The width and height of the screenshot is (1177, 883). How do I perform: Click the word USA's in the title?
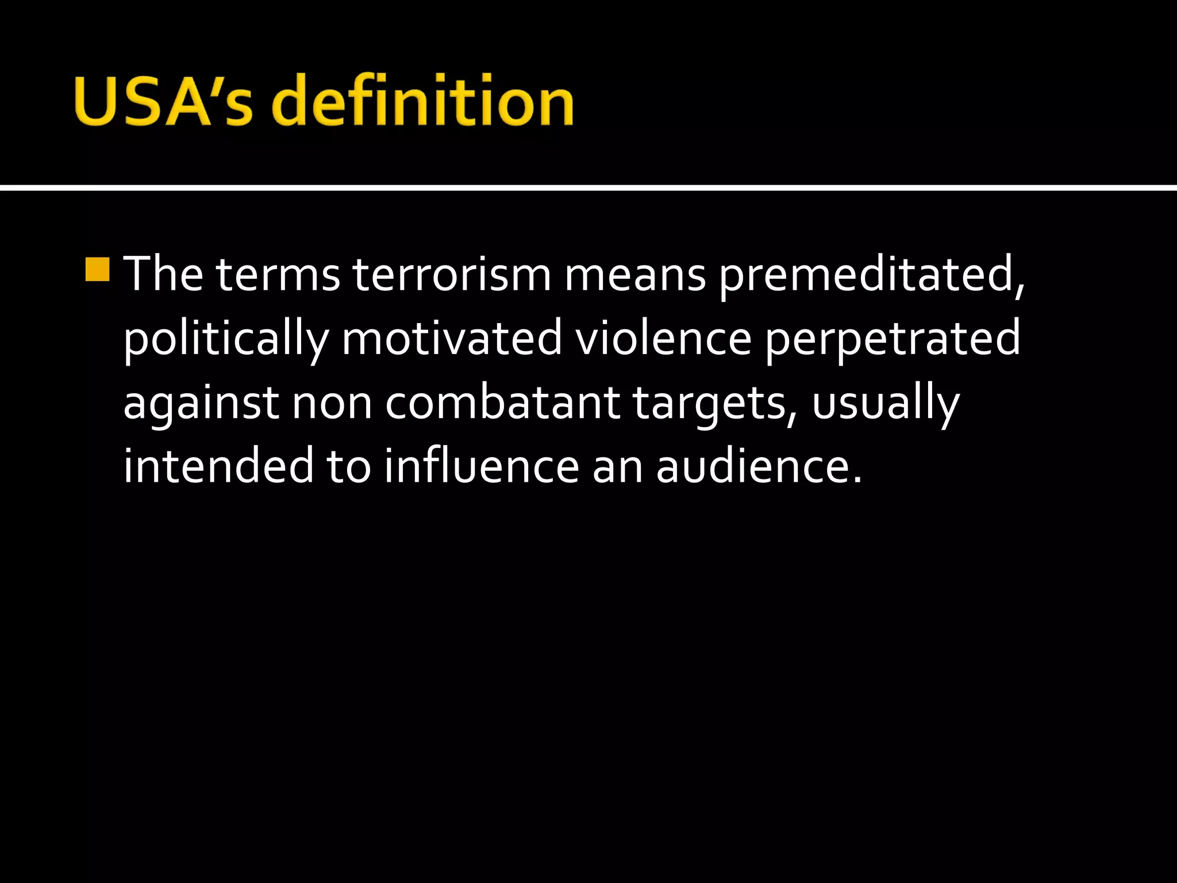tap(163, 101)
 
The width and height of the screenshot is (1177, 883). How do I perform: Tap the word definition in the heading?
tap(422, 101)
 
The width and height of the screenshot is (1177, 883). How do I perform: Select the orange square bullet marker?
tap(97, 269)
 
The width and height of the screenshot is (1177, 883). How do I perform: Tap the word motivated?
tap(452, 338)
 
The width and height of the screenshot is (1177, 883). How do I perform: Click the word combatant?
tap(503, 402)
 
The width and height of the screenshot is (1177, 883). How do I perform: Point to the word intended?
tap(218, 466)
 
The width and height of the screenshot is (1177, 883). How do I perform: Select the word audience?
tap(759, 466)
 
